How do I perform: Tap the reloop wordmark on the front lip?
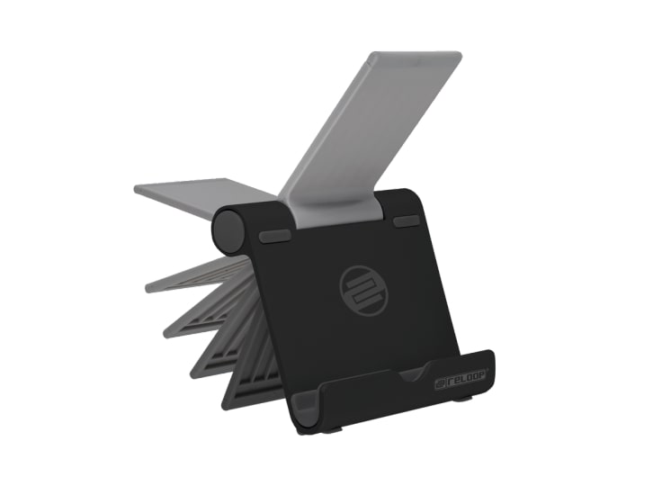coord(461,379)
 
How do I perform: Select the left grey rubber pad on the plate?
coord(274,236)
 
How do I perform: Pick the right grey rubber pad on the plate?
coord(406,221)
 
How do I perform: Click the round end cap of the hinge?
coord(229,231)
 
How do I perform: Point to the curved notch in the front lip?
coord(413,373)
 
